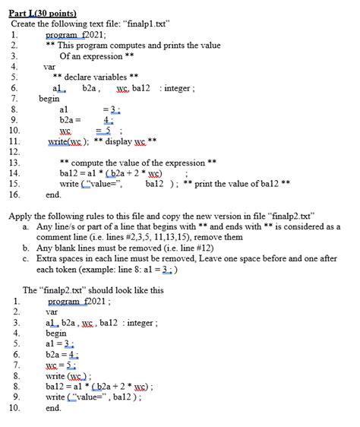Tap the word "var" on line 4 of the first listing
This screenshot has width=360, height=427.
pyautogui.click(x=50, y=66)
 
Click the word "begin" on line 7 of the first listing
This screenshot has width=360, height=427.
pyautogui.click(x=49, y=98)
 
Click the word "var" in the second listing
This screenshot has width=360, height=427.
pyautogui.click(x=52, y=312)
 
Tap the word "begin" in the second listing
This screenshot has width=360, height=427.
pyautogui.click(x=56, y=333)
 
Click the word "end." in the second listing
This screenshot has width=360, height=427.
pyautogui.click(x=54, y=407)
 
